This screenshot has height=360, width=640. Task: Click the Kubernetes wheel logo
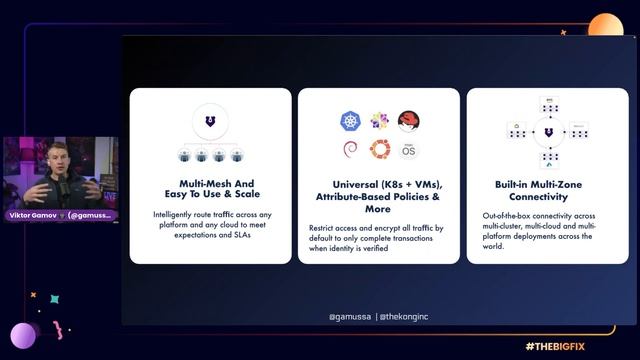(x=350, y=122)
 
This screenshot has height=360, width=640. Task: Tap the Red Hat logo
(x=407, y=122)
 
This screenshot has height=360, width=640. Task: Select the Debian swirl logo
(x=350, y=151)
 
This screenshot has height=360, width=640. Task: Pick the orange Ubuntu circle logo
(x=379, y=150)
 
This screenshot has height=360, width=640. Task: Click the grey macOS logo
(x=407, y=151)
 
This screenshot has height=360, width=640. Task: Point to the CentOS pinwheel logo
(x=379, y=122)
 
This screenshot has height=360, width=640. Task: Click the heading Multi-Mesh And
(x=210, y=184)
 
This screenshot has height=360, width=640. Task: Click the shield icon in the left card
(x=210, y=122)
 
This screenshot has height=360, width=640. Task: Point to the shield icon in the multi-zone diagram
(x=547, y=131)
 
